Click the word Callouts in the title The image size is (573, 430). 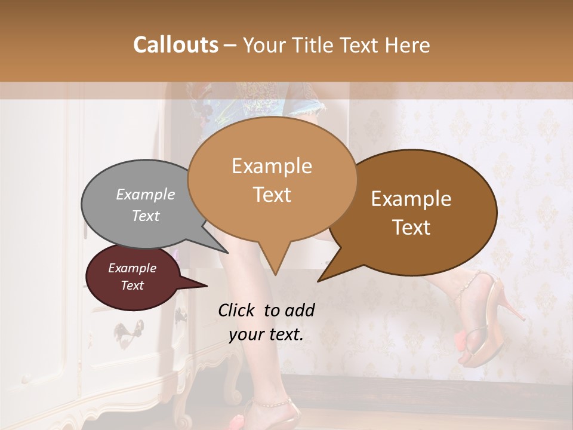point(175,45)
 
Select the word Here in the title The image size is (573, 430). point(408,45)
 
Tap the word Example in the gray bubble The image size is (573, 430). point(146,195)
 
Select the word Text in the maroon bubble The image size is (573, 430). point(133,285)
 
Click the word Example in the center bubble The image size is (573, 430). point(272,166)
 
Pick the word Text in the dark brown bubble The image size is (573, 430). point(412,227)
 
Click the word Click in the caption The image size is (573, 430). point(238,310)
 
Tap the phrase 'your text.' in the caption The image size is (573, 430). point(266,334)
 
